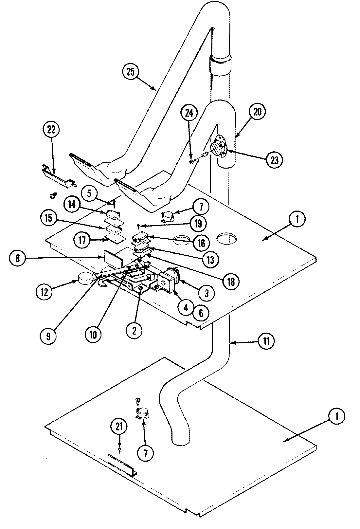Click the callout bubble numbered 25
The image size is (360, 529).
[130, 72]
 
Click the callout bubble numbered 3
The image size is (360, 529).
[206, 293]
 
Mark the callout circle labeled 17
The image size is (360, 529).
[81, 241]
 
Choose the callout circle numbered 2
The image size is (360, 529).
[135, 331]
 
